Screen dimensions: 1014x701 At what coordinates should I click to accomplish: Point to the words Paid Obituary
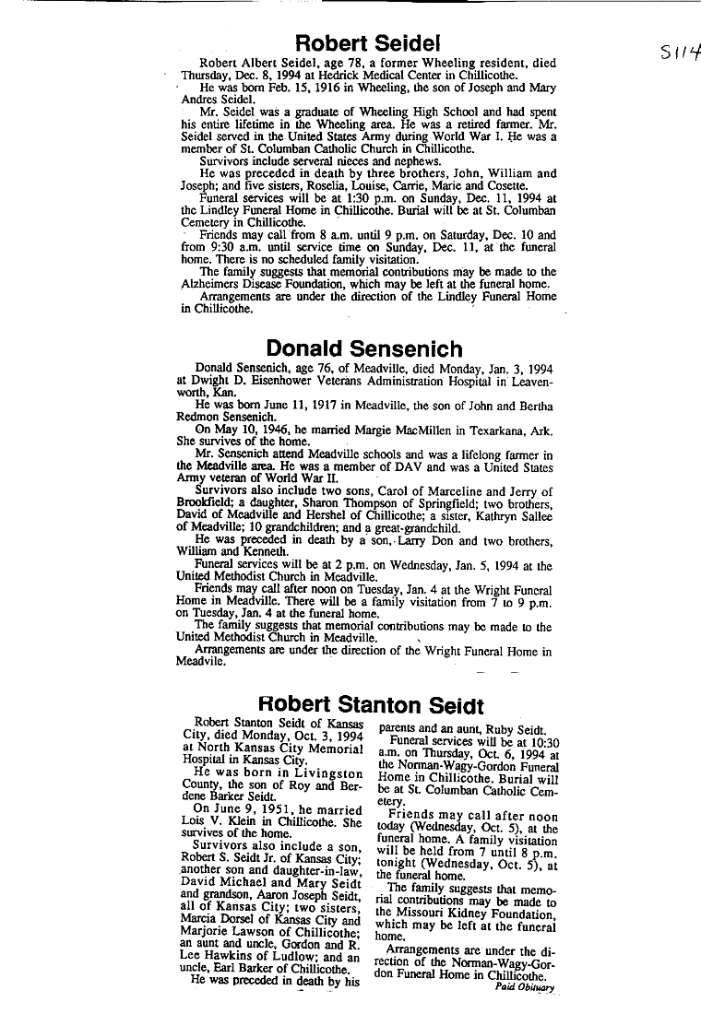(526, 986)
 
